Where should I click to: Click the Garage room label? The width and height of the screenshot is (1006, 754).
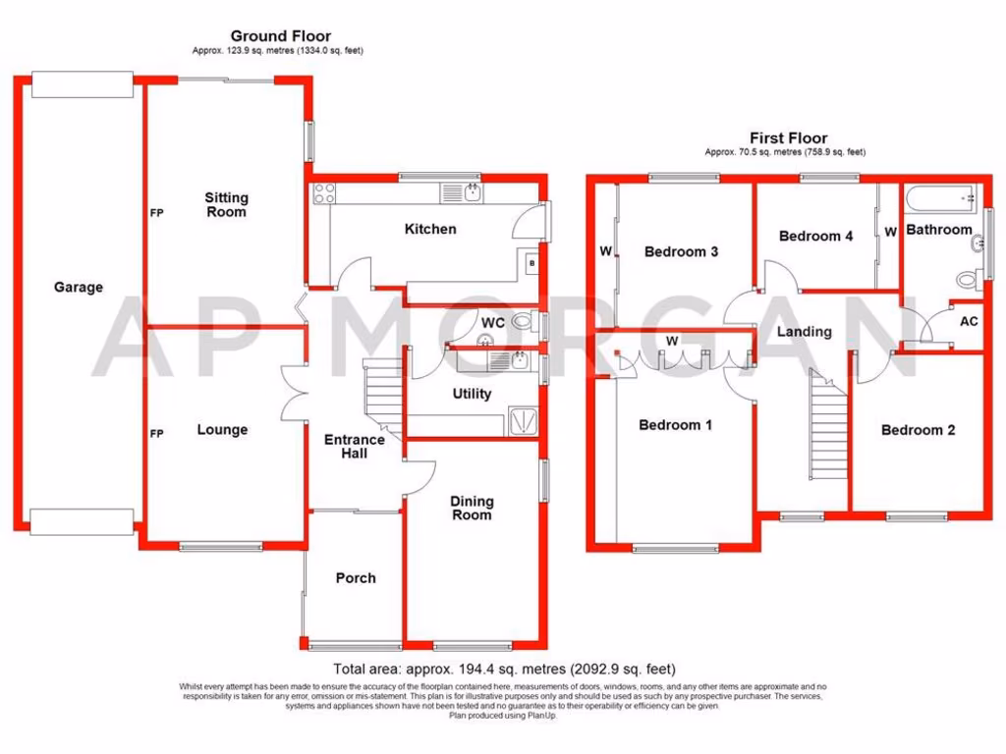pyautogui.click(x=79, y=288)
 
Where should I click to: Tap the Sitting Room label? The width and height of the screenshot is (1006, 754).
pyautogui.click(x=226, y=204)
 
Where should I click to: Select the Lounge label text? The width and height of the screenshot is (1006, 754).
pyautogui.click(x=222, y=430)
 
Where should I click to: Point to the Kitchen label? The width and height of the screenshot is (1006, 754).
pyautogui.click(x=431, y=229)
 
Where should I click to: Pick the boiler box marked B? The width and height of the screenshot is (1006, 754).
pyautogui.click(x=531, y=264)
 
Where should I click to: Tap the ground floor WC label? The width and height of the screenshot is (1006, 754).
pyautogui.click(x=493, y=322)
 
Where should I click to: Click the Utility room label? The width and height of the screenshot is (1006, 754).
pyautogui.click(x=472, y=394)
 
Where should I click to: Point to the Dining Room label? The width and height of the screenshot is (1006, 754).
pyautogui.click(x=472, y=508)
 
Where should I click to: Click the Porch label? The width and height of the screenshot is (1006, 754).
pyautogui.click(x=356, y=577)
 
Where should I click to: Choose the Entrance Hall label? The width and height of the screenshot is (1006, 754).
pyautogui.click(x=355, y=447)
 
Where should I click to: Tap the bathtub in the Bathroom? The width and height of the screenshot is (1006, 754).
pyautogui.click(x=940, y=199)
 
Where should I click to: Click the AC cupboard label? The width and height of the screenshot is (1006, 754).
pyautogui.click(x=969, y=322)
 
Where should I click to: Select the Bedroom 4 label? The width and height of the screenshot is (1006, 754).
pyautogui.click(x=815, y=236)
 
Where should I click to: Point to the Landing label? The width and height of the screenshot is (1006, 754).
pyautogui.click(x=804, y=332)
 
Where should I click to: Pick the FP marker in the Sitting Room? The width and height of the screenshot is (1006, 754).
pyautogui.click(x=156, y=212)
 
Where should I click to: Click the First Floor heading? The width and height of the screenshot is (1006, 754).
pyautogui.click(x=788, y=138)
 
